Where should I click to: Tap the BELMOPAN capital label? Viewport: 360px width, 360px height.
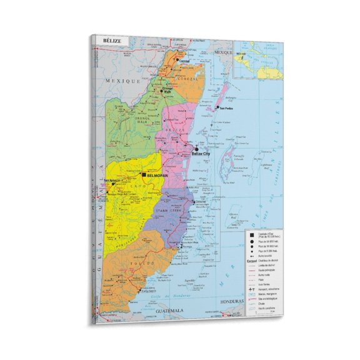[x=159, y=176]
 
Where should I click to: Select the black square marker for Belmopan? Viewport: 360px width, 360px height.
[x=144, y=176]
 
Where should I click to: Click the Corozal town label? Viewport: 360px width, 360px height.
[x=183, y=61]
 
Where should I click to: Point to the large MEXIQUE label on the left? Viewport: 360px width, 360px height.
[x=115, y=81]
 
